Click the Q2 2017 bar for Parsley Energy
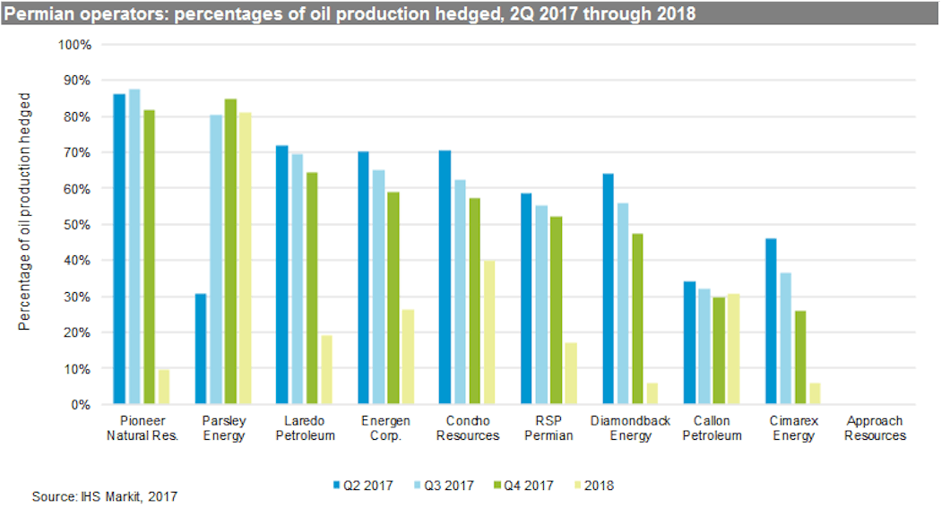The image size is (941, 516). coord(201,348)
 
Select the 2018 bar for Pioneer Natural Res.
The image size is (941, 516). coord(164,387)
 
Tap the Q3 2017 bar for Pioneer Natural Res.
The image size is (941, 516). coord(134,246)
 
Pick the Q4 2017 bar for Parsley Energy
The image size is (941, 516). coord(230,252)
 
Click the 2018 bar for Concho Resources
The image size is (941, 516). coord(489,332)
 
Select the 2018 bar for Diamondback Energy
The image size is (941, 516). coord(652,393)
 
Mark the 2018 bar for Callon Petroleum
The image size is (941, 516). coord(734,348)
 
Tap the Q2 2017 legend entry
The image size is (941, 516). coord(363,486)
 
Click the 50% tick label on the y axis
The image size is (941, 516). coord(77,225)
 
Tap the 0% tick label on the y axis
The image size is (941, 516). coord(81,405)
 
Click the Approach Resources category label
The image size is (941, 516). coord(875,428)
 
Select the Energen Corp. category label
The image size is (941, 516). coord(387,428)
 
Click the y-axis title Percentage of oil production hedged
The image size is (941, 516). coord(25,211)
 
